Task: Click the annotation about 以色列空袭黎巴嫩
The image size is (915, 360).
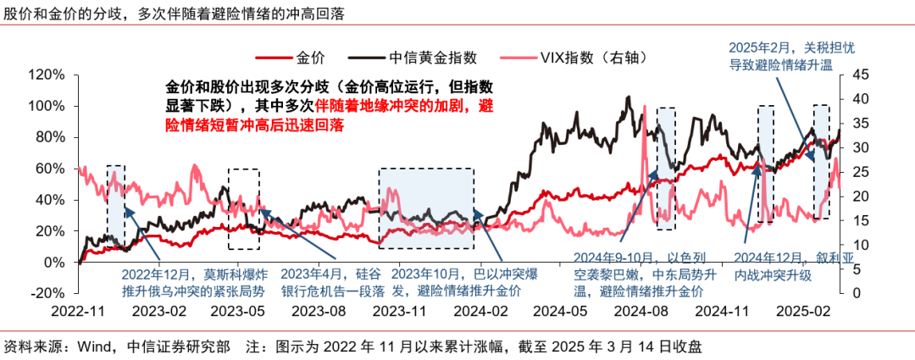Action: tap(637, 274)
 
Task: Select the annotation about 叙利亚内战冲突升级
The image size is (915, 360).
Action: tap(791, 267)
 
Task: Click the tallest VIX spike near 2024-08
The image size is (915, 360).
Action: tap(645, 106)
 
